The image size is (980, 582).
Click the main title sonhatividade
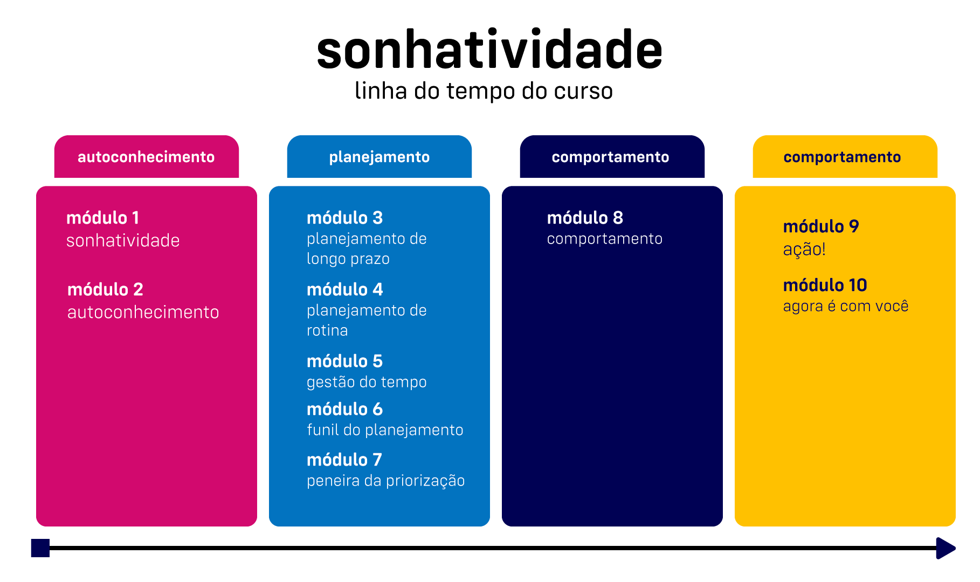click(x=489, y=50)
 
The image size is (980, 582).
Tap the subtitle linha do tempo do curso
click(x=484, y=91)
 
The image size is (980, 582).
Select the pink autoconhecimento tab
click(x=147, y=157)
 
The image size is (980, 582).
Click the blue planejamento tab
click(x=379, y=157)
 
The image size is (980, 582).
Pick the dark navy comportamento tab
click(x=612, y=157)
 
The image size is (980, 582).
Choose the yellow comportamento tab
click(x=845, y=157)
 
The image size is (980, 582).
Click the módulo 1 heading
click(x=103, y=218)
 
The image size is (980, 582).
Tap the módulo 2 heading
click(x=105, y=289)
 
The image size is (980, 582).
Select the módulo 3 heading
click(x=344, y=218)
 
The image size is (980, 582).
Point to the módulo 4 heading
click(x=344, y=289)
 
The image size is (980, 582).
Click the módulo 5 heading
click(x=344, y=361)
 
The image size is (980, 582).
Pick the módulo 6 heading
click(x=344, y=409)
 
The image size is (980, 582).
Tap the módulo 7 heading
click(x=344, y=460)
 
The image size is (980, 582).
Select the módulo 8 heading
click(x=585, y=218)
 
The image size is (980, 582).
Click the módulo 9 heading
click(x=821, y=226)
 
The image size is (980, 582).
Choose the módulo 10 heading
click(x=825, y=285)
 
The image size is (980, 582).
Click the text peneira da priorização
click(x=385, y=481)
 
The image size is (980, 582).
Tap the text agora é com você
click(x=846, y=306)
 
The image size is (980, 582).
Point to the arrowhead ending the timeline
click(x=946, y=548)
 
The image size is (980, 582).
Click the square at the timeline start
click(x=40, y=548)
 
